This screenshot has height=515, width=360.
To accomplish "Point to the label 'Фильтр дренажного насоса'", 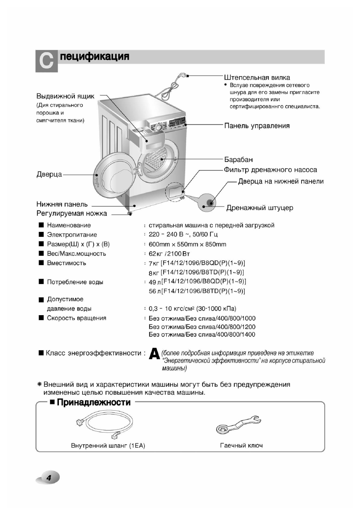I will (270, 170).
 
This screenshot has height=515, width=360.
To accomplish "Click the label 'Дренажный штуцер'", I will (259, 208).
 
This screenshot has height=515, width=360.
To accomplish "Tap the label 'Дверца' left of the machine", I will (49, 174).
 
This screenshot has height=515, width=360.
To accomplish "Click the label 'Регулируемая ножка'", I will (71, 214).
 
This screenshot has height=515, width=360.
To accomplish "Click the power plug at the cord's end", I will (183, 76).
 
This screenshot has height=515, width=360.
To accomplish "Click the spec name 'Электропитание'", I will (72, 235).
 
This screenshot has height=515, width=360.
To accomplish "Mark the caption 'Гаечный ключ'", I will (241, 446).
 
